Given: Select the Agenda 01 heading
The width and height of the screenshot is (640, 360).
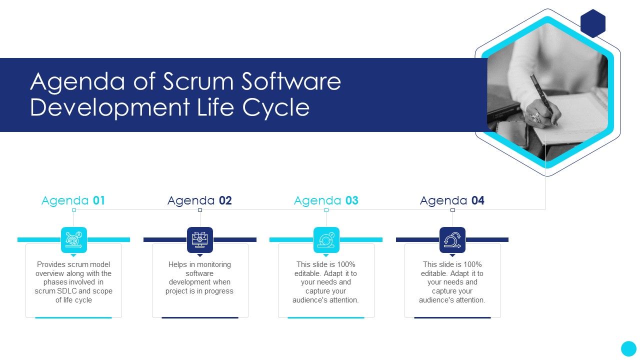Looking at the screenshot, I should (x=73, y=200).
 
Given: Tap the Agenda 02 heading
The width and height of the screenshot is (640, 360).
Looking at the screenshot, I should (x=199, y=200).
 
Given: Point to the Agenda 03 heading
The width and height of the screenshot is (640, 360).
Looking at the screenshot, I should (x=326, y=200).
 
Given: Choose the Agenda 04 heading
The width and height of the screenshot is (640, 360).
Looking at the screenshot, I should (x=452, y=200).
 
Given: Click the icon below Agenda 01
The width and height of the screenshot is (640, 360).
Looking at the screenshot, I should (x=74, y=240).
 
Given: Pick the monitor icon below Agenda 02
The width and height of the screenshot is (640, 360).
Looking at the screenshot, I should (x=200, y=240).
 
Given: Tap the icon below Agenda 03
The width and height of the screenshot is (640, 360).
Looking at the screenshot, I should (x=326, y=240).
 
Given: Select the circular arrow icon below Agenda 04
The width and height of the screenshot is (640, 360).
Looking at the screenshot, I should (x=452, y=240).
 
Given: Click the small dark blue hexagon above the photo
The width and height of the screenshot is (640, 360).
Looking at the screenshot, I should (x=593, y=23).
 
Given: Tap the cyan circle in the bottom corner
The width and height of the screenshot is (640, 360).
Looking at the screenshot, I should (x=628, y=348).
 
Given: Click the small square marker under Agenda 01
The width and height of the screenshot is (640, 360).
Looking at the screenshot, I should (x=74, y=210).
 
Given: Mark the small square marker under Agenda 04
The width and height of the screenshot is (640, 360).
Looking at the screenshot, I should (x=452, y=210).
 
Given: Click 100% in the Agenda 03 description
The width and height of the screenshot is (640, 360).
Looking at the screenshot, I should (x=344, y=264).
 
